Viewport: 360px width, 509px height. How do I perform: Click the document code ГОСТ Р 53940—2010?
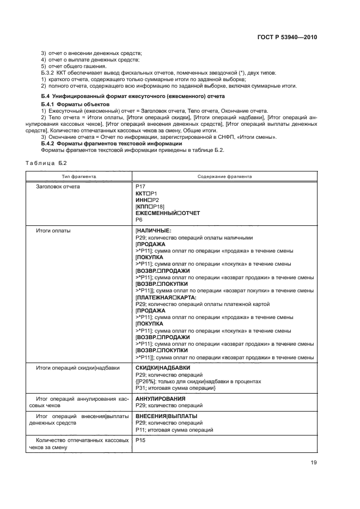click(x=287, y=38)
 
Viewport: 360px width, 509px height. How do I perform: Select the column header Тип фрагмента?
click(x=79, y=176)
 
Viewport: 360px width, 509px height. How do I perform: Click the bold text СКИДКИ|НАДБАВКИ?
click(x=158, y=369)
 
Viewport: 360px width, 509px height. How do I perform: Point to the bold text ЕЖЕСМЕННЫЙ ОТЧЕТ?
click(x=168, y=213)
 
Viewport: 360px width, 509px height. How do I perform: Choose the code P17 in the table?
click(x=141, y=187)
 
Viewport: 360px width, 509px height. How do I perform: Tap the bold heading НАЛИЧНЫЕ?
click(x=154, y=231)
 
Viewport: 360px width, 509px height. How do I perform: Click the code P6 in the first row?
click(x=139, y=220)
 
